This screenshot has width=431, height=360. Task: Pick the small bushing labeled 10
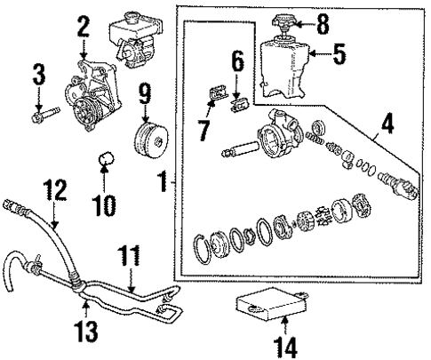tap(108, 161)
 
